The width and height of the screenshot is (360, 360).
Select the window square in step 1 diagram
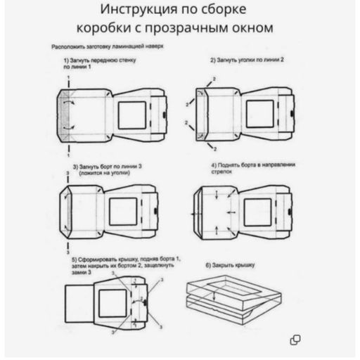[131, 115]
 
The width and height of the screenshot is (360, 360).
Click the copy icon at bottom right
[296, 340]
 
